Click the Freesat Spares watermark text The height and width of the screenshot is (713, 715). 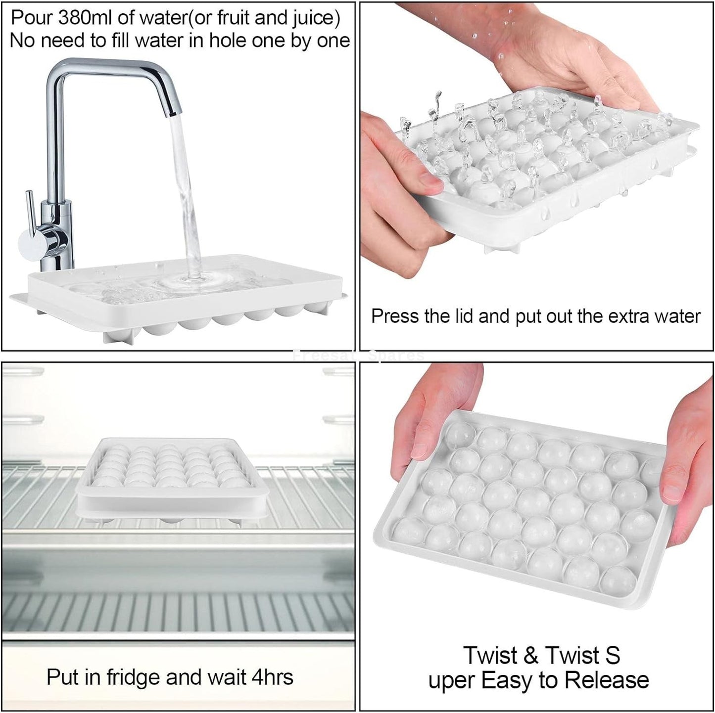pos(358,356)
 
